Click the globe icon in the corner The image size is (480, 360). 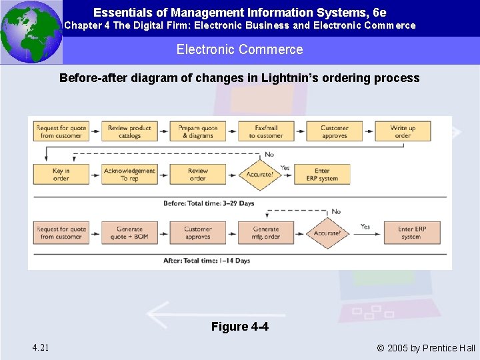click(31, 31)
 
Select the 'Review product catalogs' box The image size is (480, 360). click(129, 131)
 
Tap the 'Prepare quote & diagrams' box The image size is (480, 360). click(197, 131)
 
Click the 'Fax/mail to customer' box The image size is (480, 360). click(266, 131)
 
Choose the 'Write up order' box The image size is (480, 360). click(402, 131)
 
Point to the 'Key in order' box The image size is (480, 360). click(61, 174)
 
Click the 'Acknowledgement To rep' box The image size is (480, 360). click(129, 174)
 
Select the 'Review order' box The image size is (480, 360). click(197, 174)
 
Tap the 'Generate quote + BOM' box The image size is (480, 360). click(129, 232)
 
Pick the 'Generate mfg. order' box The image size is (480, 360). click(266, 232)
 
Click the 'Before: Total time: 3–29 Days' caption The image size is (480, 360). click(209, 203)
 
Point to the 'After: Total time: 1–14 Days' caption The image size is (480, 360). click(207, 261)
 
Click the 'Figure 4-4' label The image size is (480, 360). click(239, 327)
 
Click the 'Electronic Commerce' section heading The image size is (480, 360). click(239, 49)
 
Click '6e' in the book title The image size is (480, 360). click(379, 12)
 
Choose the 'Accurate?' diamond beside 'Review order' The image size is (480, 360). click(259, 174)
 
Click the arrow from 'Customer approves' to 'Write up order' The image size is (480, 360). click(369, 131)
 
